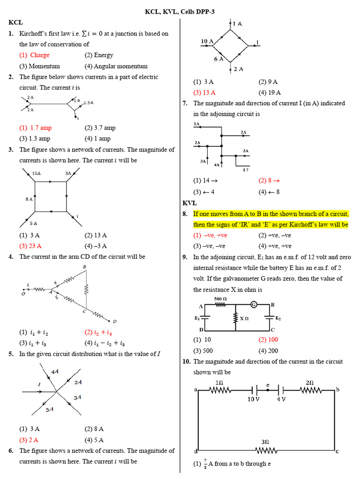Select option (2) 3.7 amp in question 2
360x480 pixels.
tap(100, 127)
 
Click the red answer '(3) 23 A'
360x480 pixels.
tap(30, 246)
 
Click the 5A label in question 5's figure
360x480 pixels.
tap(49, 409)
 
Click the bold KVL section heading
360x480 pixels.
tap(189, 203)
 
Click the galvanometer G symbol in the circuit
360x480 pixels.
tap(254, 305)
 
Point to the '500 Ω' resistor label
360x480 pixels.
tap(220, 299)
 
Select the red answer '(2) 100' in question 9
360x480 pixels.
tap(268, 340)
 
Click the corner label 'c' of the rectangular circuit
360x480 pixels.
tap(337, 451)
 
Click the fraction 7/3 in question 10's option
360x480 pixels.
tap(204, 465)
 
